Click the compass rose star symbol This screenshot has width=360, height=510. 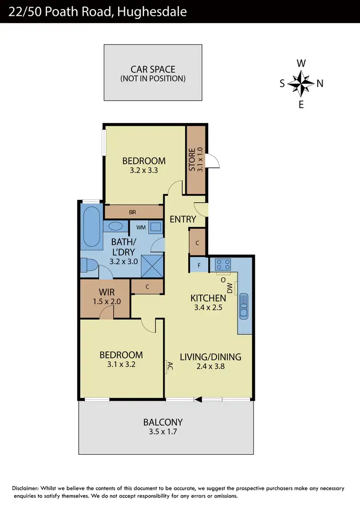[301, 83]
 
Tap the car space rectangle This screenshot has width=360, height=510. [153, 73]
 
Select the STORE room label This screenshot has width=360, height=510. [192, 159]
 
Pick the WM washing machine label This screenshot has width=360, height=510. [141, 227]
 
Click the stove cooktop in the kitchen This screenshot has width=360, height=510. [223, 265]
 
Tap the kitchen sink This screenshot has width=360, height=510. [244, 306]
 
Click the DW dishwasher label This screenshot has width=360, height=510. [230, 288]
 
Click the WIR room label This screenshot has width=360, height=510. [106, 292]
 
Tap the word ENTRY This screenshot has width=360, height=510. [183, 219]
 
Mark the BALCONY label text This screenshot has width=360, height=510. [163, 422]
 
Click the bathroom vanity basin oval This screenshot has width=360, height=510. [116, 226]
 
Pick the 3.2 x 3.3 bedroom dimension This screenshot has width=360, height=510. [144, 170]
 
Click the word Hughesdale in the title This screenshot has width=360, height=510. [154, 11]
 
